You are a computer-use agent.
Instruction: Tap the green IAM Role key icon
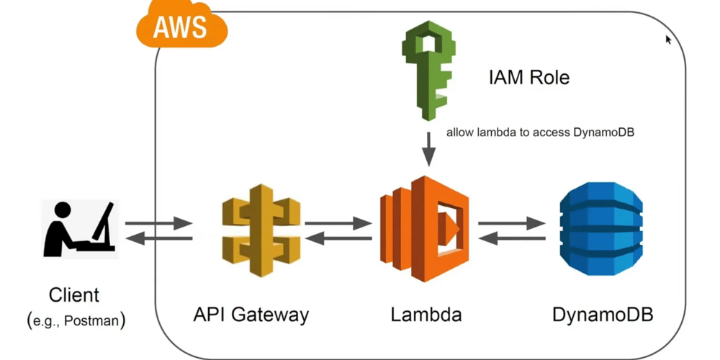[x=429, y=72]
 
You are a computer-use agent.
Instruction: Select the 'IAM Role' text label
[x=528, y=77]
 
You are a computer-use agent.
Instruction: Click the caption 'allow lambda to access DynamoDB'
[x=539, y=132]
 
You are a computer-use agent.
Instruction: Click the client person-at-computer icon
[x=81, y=230]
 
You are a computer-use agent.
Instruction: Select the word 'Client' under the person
[x=74, y=295]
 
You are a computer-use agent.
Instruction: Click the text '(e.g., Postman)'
[x=76, y=320]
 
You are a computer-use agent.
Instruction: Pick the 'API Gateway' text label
[x=251, y=315]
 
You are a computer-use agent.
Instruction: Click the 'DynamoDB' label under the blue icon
[x=603, y=315]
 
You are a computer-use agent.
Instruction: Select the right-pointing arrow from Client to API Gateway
[x=158, y=224]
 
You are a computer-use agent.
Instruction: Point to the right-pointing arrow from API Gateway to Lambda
[x=338, y=224]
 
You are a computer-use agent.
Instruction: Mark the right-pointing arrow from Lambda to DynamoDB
[x=512, y=224]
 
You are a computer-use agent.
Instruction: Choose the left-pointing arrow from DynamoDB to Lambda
[x=512, y=238]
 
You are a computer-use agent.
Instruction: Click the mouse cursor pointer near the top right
[x=668, y=39]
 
